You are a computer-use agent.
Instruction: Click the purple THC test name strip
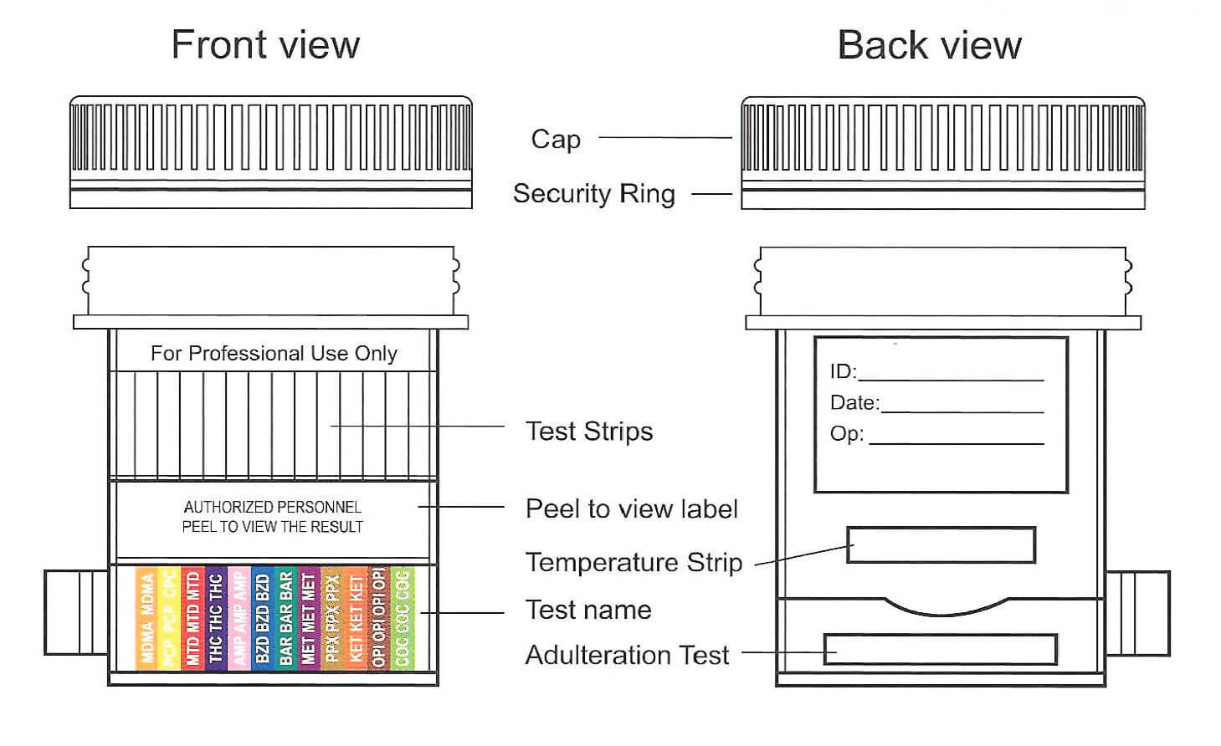click(215, 618)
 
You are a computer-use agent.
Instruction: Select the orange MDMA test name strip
click(147, 618)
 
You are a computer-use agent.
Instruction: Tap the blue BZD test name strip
click(262, 618)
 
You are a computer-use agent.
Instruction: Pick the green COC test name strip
click(403, 618)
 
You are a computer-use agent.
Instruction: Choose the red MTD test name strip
click(192, 618)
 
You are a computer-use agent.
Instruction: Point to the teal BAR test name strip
click(285, 618)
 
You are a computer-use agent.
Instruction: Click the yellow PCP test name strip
click(169, 618)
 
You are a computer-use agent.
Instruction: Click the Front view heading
click(265, 44)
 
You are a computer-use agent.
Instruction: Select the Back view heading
click(929, 45)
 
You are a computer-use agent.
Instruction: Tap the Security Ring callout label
click(593, 194)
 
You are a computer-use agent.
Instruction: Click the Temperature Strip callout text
click(634, 563)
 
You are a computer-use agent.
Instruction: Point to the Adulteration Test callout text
click(627, 655)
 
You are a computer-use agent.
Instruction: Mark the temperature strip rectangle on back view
click(941, 544)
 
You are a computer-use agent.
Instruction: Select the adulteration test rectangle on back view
click(940, 650)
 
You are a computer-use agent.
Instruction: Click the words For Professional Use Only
click(274, 354)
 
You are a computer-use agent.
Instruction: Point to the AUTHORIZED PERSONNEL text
click(273, 507)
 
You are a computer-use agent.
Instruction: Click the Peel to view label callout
click(631, 509)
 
